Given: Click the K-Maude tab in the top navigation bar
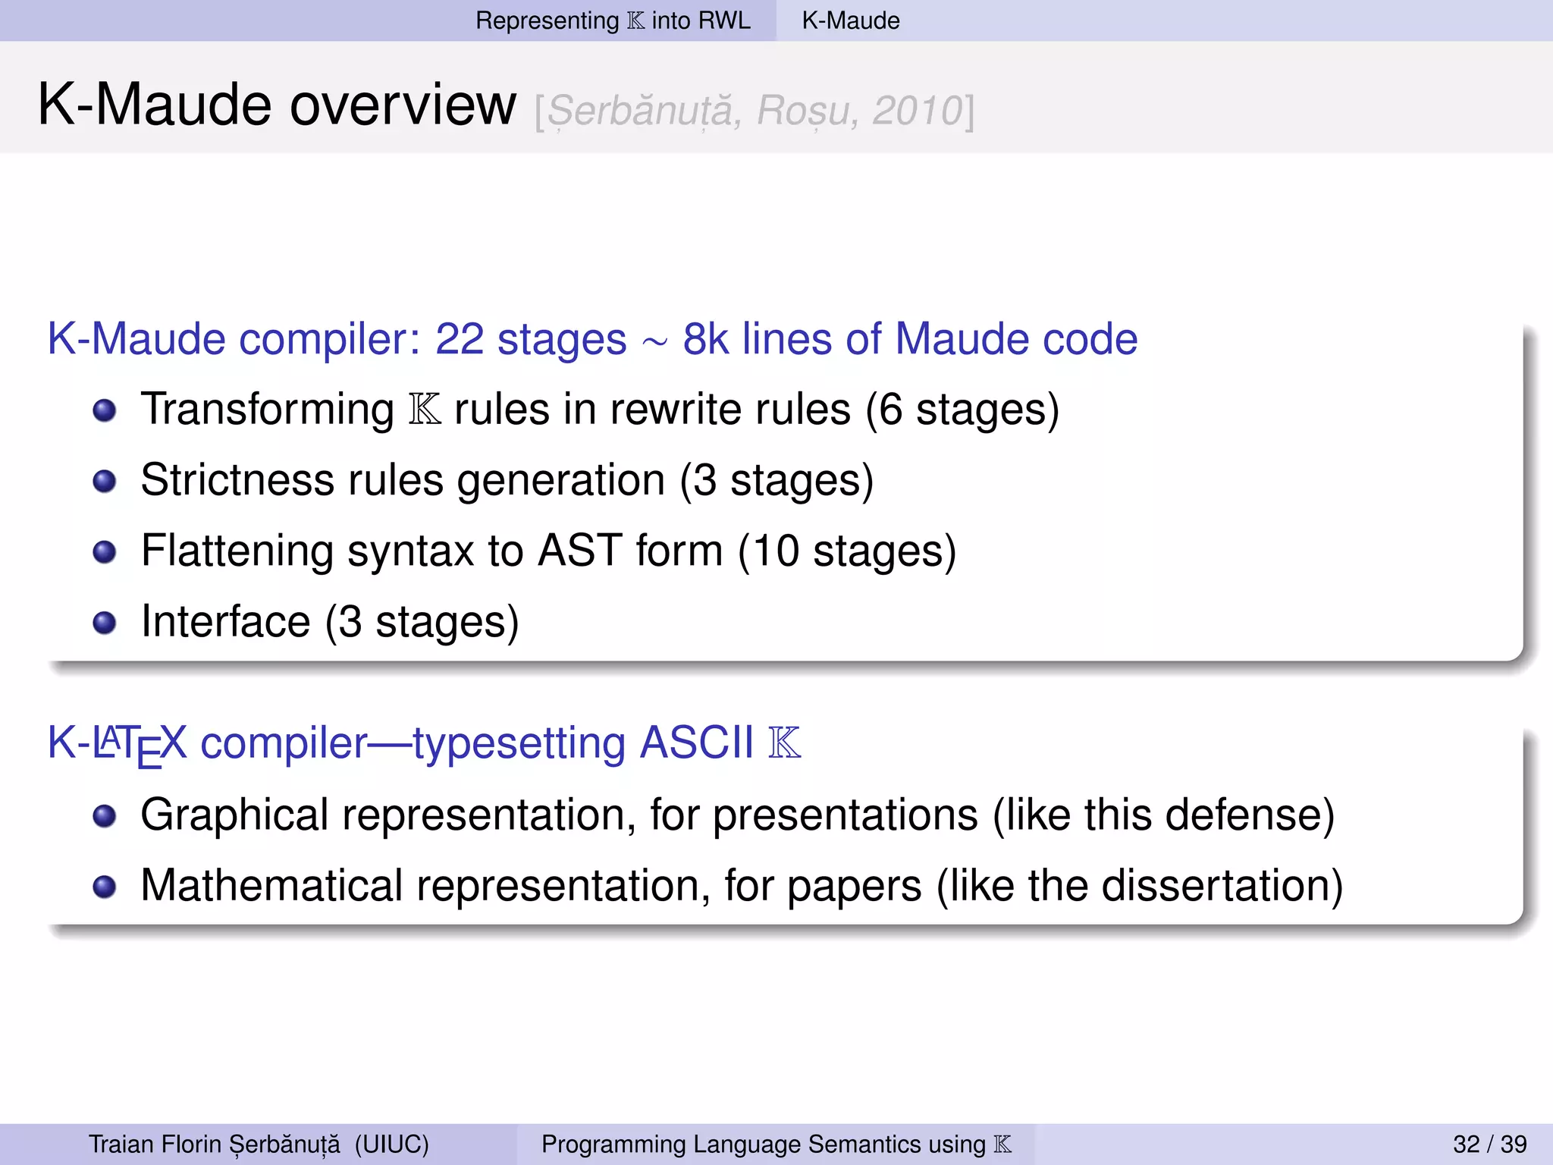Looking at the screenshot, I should (851, 20).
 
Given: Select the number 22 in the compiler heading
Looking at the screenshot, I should (460, 338).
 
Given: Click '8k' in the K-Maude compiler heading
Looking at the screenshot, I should (705, 338).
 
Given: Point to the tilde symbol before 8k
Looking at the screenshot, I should (654, 343).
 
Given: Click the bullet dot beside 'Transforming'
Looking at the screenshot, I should (105, 410).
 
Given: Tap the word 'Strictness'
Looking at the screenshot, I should (237, 480).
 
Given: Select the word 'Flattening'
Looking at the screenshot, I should (237, 551).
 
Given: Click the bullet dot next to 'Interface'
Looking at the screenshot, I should (105, 623).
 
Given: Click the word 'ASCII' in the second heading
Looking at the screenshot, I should (697, 742).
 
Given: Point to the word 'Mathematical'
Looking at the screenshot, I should (271, 885).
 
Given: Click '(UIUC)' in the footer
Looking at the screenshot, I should (391, 1144).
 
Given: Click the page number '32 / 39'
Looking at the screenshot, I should (1489, 1144).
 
